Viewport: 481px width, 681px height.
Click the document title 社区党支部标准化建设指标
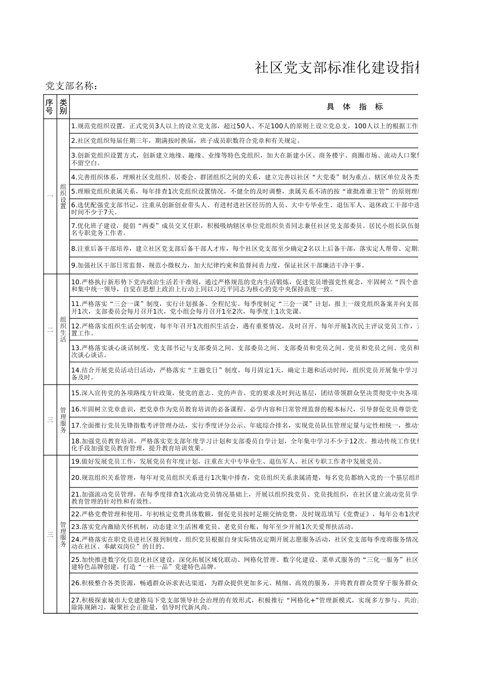pyautogui.click(x=337, y=67)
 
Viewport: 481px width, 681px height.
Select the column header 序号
pyautogui.click(x=49, y=106)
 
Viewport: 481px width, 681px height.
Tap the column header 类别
pyautogui.click(x=63, y=106)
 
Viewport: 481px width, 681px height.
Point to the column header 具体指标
pyautogui.click(x=354, y=106)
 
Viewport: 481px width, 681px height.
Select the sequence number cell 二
pyautogui.click(x=49, y=329)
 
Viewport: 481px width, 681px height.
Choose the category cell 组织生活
pyautogui.click(x=63, y=329)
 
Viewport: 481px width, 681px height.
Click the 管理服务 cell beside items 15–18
pyautogui.click(x=63, y=420)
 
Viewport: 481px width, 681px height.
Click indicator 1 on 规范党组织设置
pyautogui.click(x=243, y=126)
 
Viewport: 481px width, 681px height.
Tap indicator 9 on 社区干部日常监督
pyautogui.click(x=218, y=265)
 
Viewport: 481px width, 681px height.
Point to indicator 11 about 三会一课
pyautogui.click(x=243, y=308)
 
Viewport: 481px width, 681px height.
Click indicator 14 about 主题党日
pyautogui.click(x=243, y=374)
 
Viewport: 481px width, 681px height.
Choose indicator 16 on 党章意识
pyautogui.click(x=243, y=409)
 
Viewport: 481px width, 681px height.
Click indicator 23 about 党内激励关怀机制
pyautogui.click(x=213, y=526)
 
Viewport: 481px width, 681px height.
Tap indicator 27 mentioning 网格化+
pyautogui.click(x=243, y=603)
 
